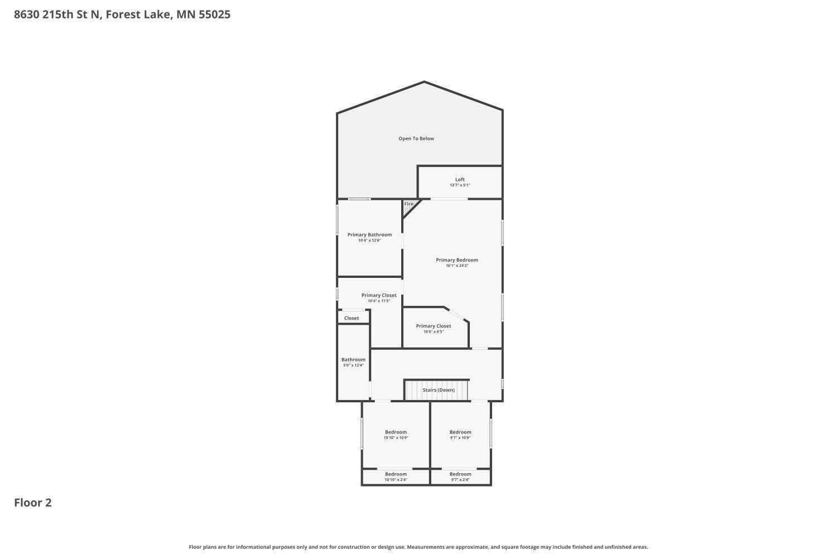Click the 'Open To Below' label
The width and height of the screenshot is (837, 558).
(x=416, y=138)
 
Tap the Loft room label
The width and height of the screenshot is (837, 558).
(x=460, y=180)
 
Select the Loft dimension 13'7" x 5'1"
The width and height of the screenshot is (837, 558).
(x=460, y=185)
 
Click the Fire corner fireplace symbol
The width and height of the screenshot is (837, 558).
(x=409, y=205)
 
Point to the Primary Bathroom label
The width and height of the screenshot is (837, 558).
(x=369, y=235)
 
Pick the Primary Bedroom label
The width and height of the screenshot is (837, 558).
(x=456, y=260)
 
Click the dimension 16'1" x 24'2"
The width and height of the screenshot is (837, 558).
(x=456, y=266)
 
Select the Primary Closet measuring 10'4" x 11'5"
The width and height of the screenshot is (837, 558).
(x=379, y=296)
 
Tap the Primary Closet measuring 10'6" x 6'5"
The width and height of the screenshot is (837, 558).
(x=434, y=326)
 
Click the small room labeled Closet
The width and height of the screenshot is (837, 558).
(x=352, y=318)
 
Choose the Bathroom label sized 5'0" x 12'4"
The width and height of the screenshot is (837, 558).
(x=353, y=360)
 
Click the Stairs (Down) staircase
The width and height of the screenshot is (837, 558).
(x=437, y=389)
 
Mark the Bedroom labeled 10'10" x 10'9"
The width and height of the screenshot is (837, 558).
(x=396, y=432)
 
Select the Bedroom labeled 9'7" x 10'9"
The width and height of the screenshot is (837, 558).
(x=460, y=432)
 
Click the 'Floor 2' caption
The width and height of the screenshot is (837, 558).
(x=33, y=503)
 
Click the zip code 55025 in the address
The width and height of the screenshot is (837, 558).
(x=214, y=15)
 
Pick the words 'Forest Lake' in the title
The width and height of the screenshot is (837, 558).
(x=138, y=15)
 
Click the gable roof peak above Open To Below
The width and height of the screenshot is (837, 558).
(x=424, y=83)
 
